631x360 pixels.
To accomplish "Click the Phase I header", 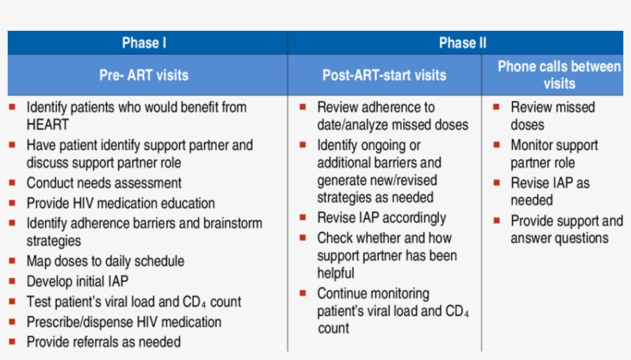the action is (x=144, y=43).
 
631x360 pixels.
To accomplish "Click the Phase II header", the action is (x=462, y=43).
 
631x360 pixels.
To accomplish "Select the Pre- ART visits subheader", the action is (x=144, y=75).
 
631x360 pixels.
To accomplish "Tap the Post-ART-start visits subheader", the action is (x=384, y=75).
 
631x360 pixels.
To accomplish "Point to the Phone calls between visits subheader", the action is (x=559, y=75).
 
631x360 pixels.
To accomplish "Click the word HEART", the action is (x=48, y=125).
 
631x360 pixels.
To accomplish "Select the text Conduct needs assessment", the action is (x=104, y=183).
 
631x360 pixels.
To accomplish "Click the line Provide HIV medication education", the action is (x=120, y=203).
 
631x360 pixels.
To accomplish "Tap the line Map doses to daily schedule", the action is (x=105, y=261).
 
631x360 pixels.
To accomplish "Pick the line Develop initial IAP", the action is (x=77, y=282).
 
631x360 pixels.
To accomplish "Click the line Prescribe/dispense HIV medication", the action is (x=124, y=322).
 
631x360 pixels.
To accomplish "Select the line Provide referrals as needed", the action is (x=103, y=342).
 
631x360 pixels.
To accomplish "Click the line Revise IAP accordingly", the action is (x=382, y=218).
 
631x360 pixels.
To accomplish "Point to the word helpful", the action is (x=336, y=273).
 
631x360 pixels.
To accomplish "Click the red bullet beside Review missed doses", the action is (x=496, y=107).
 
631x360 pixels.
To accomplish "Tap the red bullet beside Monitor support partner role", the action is (x=496, y=145).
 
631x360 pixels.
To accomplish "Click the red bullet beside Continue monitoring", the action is (x=302, y=293).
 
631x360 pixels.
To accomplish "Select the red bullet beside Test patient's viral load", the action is (x=12, y=302).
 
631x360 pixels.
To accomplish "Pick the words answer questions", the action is (x=559, y=238).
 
